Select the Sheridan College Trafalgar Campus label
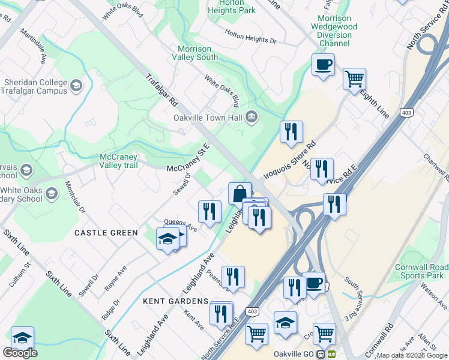35,86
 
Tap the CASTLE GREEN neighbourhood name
106,232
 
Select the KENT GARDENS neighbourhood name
175,301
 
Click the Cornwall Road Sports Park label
422,271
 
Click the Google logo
20,353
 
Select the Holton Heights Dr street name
250,37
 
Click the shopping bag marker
240,193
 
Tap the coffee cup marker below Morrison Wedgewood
323,65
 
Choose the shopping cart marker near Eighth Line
354,79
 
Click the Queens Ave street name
181,224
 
